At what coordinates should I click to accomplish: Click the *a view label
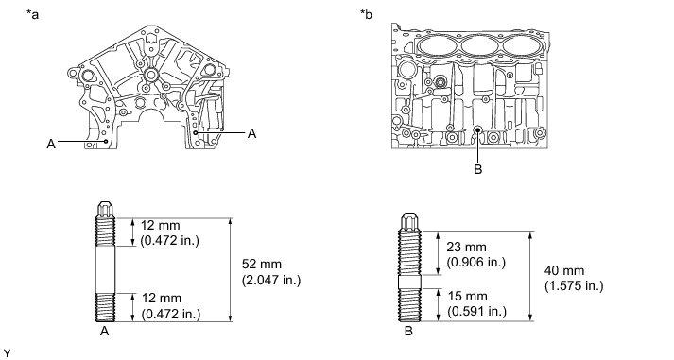[x=32, y=15]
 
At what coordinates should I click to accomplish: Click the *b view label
[x=366, y=15]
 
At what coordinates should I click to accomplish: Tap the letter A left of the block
[x=51, y=144]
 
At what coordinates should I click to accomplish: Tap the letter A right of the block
[x=251, y=134]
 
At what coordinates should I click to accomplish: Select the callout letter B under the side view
[x=478, y=169]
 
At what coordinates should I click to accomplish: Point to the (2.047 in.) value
[x=271, y=280]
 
